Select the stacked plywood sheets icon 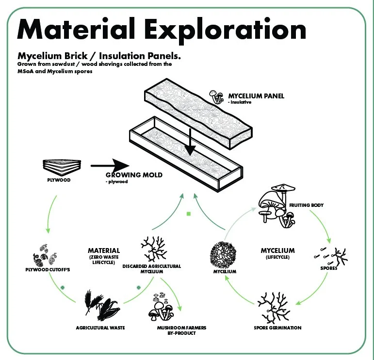click(58, 166)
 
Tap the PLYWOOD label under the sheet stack click(59, 180)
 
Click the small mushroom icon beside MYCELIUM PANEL click(216, 96)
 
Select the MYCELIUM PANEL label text click(256, 96)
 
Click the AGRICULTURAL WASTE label click(100, 328)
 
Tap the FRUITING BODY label click(306, 205)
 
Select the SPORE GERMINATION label click(277, 328)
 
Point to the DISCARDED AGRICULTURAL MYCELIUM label click(152, 269)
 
